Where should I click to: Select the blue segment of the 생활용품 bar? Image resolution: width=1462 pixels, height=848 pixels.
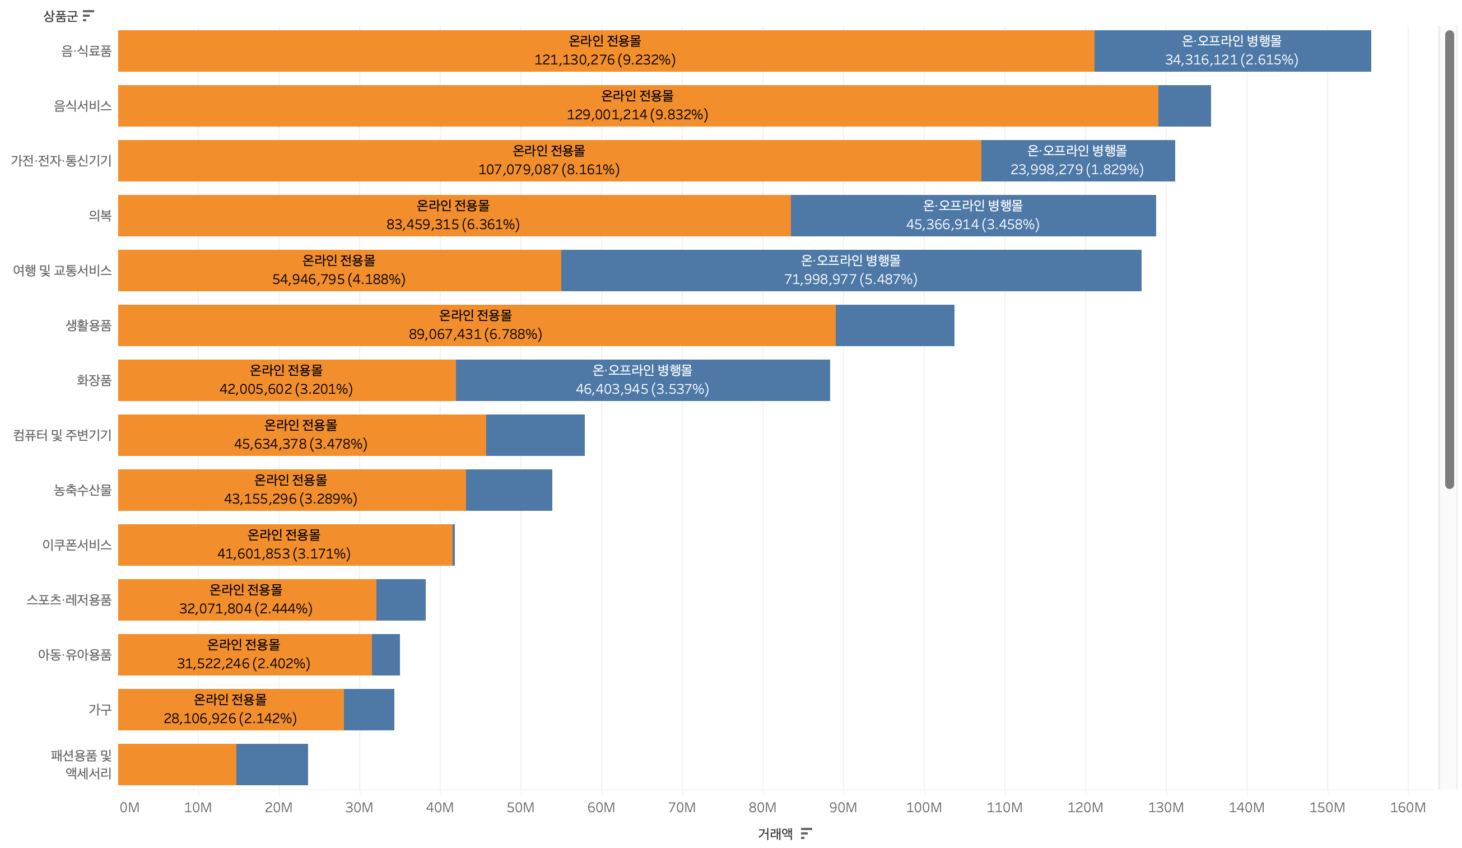pyautogui.click(x=895, y=325)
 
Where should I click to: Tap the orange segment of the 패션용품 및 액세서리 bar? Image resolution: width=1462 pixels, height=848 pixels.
pyautogui.click(x=177, y=765)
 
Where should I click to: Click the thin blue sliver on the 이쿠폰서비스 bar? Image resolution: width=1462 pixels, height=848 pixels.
pyautogui.click(x=454, y=544)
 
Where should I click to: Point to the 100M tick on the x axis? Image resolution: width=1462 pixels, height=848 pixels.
pyautogui.click(x=924, y=808)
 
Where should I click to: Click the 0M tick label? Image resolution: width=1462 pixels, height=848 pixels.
pyautogui.click(x=129, y=808)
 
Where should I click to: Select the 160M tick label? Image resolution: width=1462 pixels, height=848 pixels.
pyautogui.click(x=1408, y=808)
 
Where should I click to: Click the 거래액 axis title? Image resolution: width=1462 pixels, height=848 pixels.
pyautogui.click(x=775, y=833)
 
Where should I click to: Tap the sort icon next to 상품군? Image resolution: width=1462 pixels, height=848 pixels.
pyautogui.click(x=88, y=16)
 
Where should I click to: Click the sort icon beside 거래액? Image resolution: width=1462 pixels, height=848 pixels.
pyautogui.click(x=806, y=833)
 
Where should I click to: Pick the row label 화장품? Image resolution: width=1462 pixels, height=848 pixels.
pyautogui.click(x=94, y=380)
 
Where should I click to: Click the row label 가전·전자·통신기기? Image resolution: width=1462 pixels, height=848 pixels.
pyautogui.click(x=61, y=161)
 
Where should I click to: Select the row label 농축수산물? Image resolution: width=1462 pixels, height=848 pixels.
pyautogui.click(x=82, y=490)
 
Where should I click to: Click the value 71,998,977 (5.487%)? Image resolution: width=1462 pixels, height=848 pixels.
pyautogui.click(x=850, y=279)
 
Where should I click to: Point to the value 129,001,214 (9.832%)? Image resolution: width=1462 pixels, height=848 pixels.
pyautogui.click(x=637, y=115)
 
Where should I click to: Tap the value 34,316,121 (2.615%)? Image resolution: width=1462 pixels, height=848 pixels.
pyautogui.click(x=1231, y=60)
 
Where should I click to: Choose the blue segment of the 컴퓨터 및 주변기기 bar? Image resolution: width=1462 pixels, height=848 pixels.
pyautogui.click(x=535, y=435)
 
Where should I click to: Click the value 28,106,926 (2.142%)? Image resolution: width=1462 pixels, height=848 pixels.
pyautogui.click(x=230, y=719)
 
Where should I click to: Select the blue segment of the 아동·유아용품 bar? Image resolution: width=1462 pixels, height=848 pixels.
pyautogui.click(x=386, y=655)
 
